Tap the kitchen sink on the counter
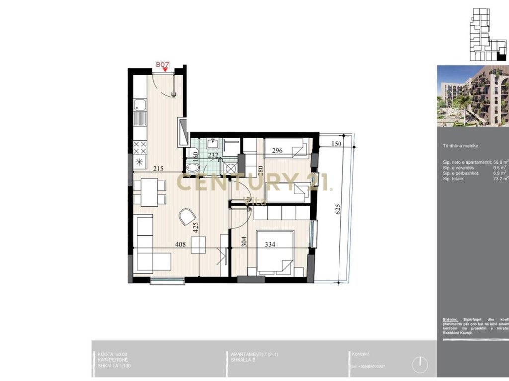click(x=140, y=104)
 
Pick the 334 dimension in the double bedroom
click(x=270, y=244)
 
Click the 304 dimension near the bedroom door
click(x=244, y=242)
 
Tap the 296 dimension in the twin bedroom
click(x=277, y=151)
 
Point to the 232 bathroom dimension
click(x=213, y=155)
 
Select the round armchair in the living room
click(x=187, y=217)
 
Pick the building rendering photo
click(x=473, y=96)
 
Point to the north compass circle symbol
click(x=420, y=365)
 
